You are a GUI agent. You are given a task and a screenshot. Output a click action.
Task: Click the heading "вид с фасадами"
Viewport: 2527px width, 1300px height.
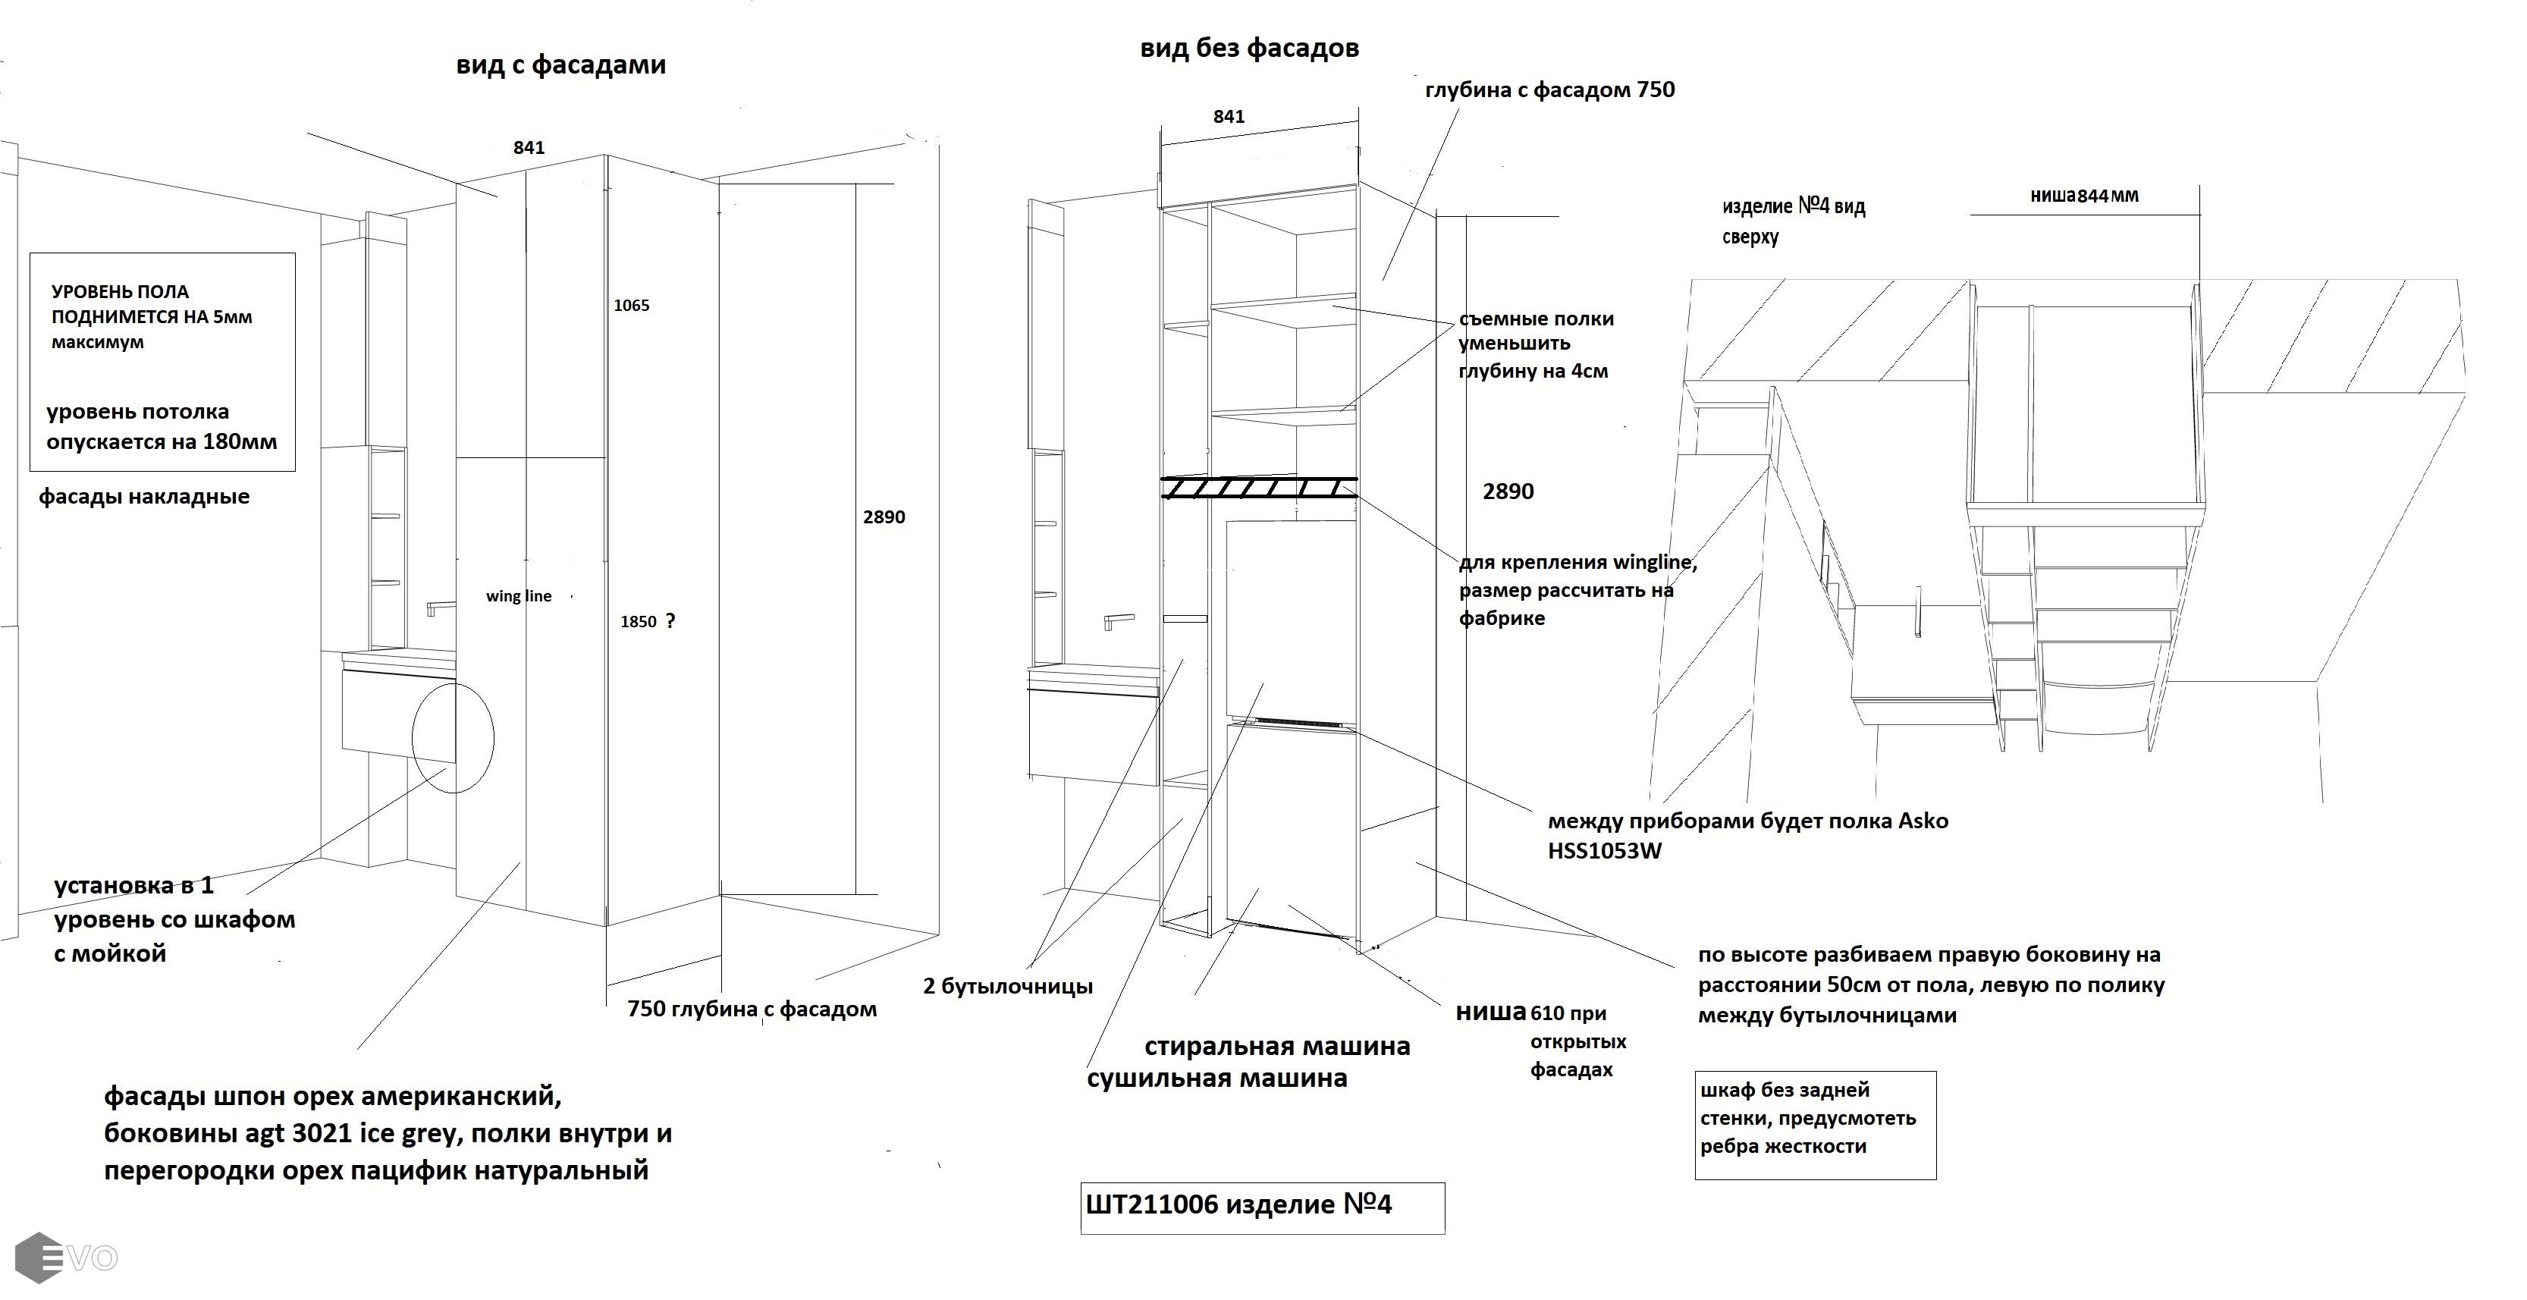point(560,64)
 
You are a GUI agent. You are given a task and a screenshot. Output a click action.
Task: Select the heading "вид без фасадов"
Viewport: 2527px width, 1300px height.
point(1249,48)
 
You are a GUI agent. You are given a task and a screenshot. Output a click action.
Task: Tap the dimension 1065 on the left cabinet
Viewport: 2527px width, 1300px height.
point(631,305)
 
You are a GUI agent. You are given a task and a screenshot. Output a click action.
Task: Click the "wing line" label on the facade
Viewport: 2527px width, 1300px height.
point(518,596)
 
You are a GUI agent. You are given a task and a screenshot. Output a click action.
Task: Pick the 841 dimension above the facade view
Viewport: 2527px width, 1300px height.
point(528,148)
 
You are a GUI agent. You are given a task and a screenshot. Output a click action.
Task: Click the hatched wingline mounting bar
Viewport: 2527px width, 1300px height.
point(1259,488)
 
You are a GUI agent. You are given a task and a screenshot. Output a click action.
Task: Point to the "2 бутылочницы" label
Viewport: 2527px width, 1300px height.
point(1007,987)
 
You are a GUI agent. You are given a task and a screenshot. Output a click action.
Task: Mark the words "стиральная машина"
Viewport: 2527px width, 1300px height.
point(1276,1046)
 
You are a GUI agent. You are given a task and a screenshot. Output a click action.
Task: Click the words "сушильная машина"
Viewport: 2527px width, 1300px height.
point(1216,1079)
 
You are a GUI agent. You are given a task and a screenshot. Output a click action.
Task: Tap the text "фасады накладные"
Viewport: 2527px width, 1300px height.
point(144,498)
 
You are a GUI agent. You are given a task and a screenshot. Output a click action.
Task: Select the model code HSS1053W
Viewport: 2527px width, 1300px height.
point(1605,852)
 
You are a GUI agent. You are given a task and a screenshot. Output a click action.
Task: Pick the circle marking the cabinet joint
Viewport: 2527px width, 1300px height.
point(452,739)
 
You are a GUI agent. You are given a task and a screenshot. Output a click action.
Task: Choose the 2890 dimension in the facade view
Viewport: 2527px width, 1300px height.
point(883,518)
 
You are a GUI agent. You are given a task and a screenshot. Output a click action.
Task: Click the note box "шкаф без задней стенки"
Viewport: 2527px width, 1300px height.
point(1814,1124)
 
